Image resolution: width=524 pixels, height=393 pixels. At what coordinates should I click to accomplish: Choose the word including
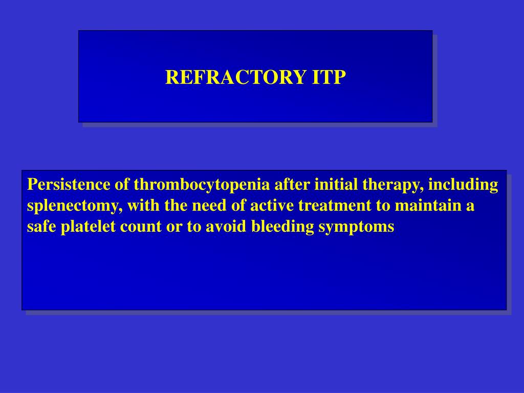pyautogui.click(x=464, y=185)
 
